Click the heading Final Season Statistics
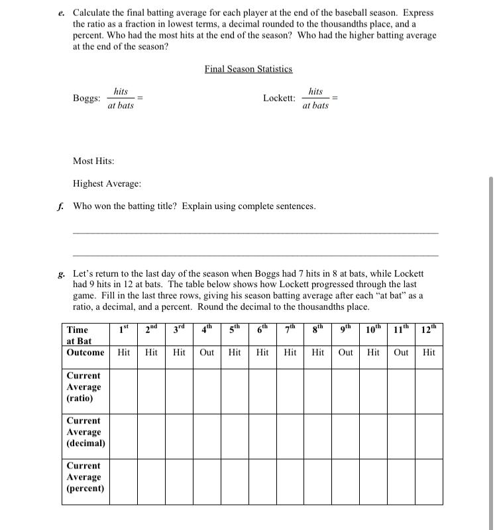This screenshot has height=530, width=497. pyautogui.click(x=248, y=69)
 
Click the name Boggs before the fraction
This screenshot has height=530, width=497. pyautogui.click(x=86, y=98)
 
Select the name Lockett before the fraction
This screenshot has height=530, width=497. pyautogui.click(x=279, y=98)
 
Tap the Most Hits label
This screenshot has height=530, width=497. pyautogui.click(x=93, y=161)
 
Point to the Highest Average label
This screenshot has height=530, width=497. pyautogui.click(x=107, y=183)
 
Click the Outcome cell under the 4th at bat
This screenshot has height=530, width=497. pyautogui.click(x=207, y=353)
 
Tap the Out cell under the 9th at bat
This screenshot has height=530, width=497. pyautogui.click(x=346, y=353)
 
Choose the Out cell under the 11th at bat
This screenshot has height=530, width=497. pyautogui.click(x=401, y=353)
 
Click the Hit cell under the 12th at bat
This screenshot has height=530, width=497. pyautogui.click(x=429, y=353)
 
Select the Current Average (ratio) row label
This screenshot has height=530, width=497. pyautogui.click(x=84, y=387)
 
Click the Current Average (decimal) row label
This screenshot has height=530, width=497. pyautogui.click(x=85, y=432)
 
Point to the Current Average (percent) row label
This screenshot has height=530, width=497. pyautogui.click(x=85, y=477)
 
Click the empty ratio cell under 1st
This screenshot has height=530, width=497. pyautogui.click(x=123, y=390)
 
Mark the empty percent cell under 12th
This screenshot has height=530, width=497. pyautogui.click(x=429, y=481)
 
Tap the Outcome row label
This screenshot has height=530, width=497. pyautogui.click(x=85, y=353)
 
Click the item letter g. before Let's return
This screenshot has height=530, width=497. pyautogui.click(x=62, y=273)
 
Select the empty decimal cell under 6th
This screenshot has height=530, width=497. pyautogui.click(x=262, y=436)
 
